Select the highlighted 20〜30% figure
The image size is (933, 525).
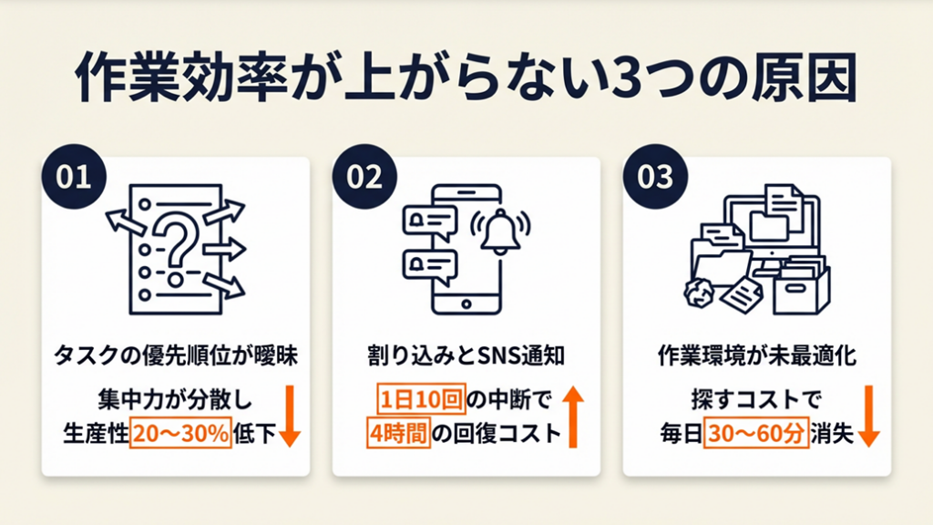(x=180, y=433)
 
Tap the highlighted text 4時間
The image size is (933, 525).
(x=397, y=433)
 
